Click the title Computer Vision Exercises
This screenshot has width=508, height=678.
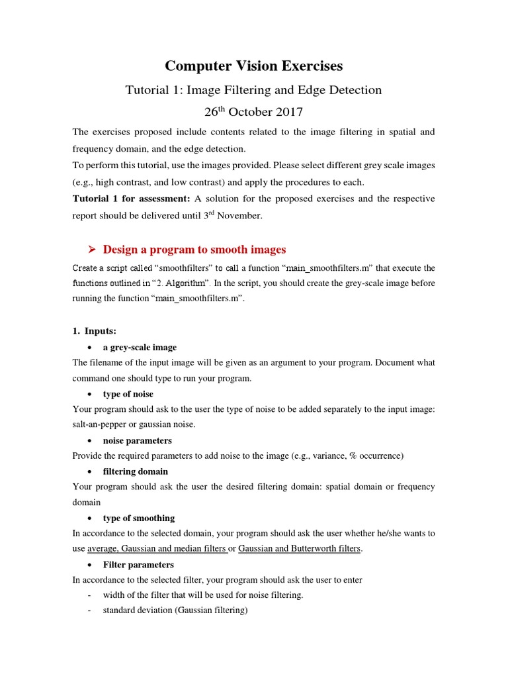click(x=254, y=66)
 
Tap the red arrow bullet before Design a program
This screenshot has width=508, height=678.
click(x=92, y=250)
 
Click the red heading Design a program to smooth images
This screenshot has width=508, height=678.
click(x=194, y=250)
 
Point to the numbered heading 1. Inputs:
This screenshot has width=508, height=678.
click(x=94, y=330)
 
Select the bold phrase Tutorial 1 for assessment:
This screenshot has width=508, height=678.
click(x=131, y=199)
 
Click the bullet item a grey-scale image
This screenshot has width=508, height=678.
click(x=140, y=347)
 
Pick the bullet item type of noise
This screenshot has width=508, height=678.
click(x=128, y=394)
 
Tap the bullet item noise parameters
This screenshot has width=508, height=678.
click(x=137, y=440)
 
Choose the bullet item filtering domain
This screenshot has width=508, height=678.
click(x=135, y=471)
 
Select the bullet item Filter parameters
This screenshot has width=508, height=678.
click(x=138, y=565)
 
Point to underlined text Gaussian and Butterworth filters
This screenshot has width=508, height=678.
click(x=300, y=548)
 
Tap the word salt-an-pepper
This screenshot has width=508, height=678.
click(x=101, y=425)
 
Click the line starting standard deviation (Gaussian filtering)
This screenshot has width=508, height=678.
click(x=175, y=610)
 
